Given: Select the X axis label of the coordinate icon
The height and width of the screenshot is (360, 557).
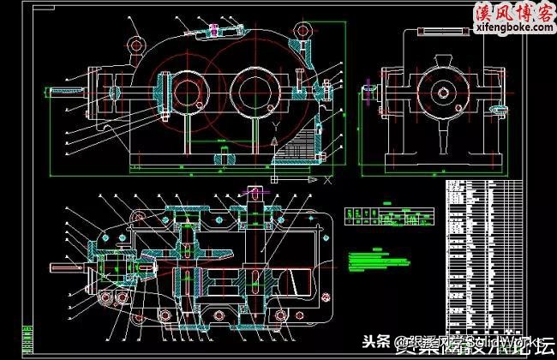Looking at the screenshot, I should pos(328,181).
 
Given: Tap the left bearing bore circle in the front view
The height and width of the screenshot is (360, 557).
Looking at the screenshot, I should pos(186,91).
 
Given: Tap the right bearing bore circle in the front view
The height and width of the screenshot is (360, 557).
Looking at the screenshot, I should pos(253,91).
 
